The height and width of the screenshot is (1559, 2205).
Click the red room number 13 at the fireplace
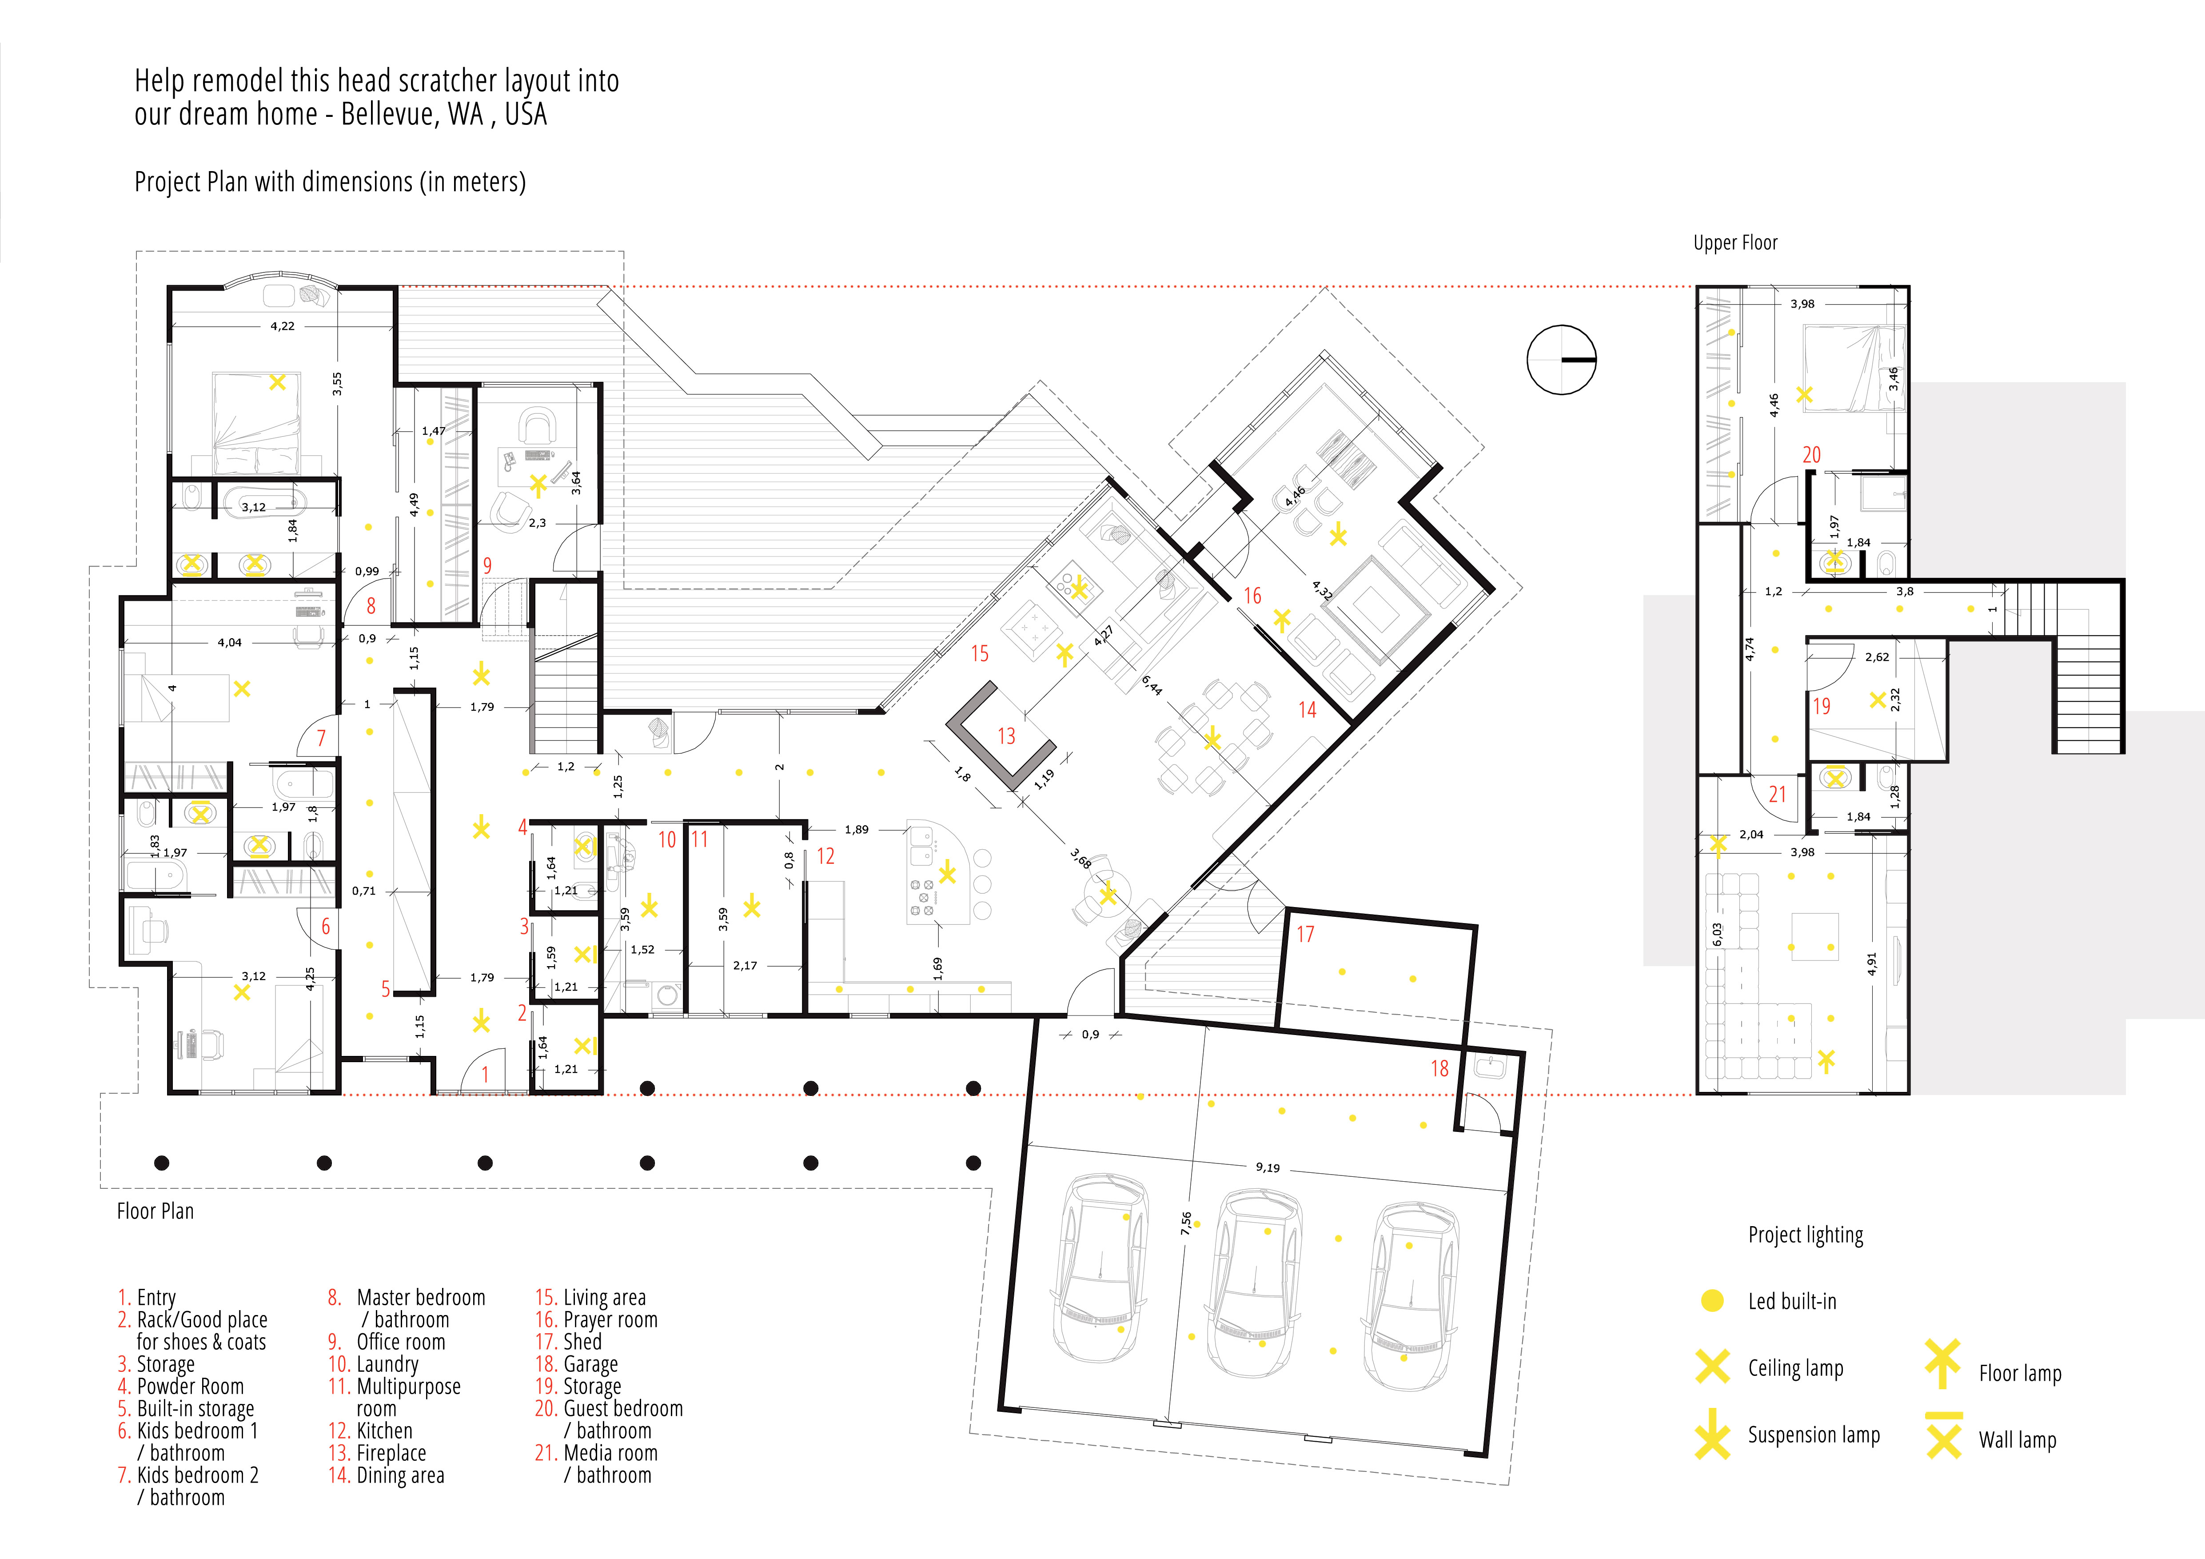1005,736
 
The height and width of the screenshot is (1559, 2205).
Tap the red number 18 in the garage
1439,1068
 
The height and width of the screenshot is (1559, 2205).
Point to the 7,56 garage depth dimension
1186,1223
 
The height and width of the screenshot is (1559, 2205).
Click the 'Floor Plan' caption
156,1211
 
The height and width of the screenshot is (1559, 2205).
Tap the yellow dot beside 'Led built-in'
1711,1301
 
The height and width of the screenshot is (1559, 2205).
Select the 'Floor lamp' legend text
2020,1374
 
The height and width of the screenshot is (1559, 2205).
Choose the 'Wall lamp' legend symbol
1943,1435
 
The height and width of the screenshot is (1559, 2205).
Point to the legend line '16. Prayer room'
596,1320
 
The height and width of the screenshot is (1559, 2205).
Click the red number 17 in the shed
1305,934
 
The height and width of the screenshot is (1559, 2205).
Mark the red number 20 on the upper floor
1811,456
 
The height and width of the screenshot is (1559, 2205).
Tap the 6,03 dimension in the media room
1717,935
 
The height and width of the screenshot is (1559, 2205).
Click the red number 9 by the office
487,566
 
